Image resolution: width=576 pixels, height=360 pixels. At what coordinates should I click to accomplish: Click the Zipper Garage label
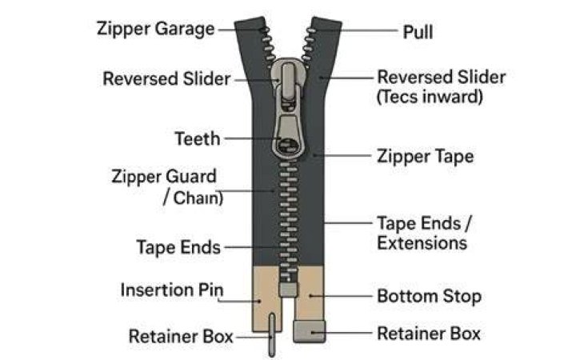click(155, 30)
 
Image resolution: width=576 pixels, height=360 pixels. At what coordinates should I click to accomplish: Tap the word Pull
click(418, 32)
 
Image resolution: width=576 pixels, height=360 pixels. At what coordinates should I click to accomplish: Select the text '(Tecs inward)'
click(430, 97)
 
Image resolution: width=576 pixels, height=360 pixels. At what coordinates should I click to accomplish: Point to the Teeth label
click(198, 139)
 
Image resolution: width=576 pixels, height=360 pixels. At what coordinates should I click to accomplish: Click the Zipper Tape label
click(426, 157)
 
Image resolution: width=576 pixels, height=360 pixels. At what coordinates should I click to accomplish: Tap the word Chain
click(197, 198)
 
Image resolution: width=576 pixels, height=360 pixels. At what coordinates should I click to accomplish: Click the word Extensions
click(422, 243)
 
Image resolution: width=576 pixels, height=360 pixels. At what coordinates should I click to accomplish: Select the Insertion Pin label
click(172, 290)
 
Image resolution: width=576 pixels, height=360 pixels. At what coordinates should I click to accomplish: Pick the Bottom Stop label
click(429, 297)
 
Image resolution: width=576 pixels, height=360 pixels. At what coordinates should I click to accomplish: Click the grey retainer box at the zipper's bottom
click(310, 331)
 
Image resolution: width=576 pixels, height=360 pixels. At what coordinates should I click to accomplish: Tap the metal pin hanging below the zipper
click(272, 334)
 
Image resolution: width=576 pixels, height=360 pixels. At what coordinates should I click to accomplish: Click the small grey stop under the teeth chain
click(288, 290)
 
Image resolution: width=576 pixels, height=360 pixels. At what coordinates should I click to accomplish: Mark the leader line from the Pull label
click(369, 31)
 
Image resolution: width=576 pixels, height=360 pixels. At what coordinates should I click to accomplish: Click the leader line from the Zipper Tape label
click(342, 156)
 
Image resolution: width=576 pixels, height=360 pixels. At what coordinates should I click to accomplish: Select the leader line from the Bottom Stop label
click(341, 296)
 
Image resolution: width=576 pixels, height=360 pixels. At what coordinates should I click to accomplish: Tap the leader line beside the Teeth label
click(253, 138)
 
